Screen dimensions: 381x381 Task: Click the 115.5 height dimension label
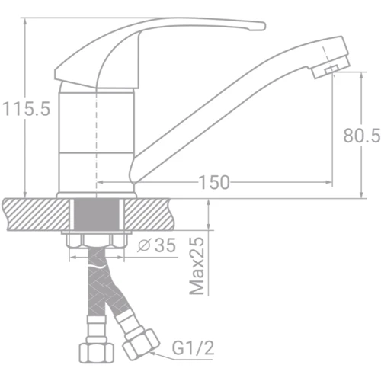[x=25, y=109]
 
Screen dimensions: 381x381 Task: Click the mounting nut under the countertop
[x=96, y=242]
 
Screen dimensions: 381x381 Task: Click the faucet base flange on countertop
[x=96, y=192]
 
